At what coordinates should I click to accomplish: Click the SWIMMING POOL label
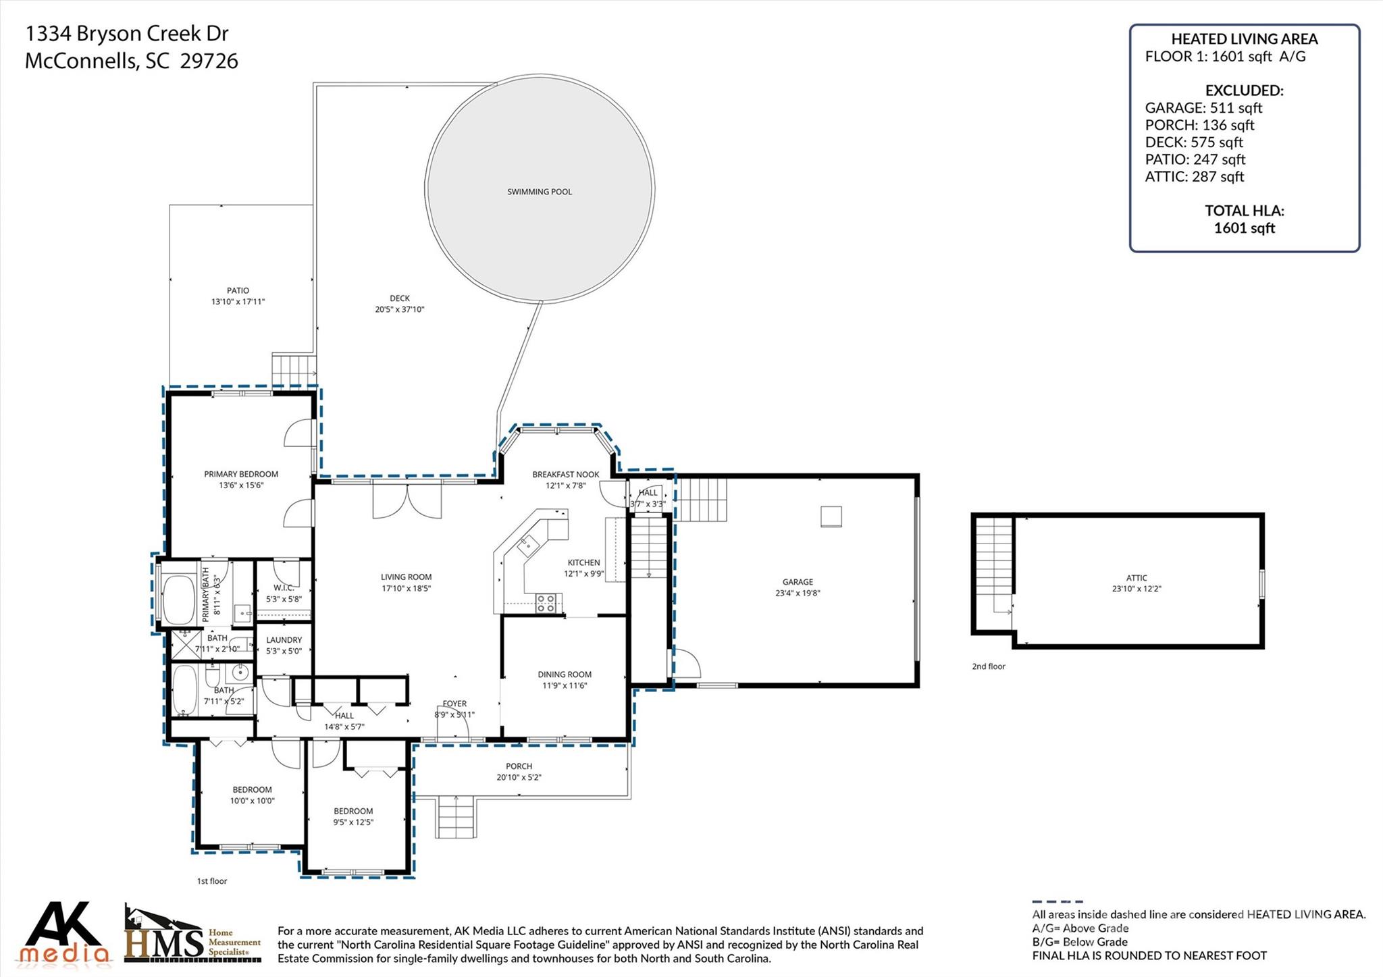tap(539, 192)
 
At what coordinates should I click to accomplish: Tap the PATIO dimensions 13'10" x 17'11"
tap(238, 302)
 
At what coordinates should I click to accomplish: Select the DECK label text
tap(399, 298)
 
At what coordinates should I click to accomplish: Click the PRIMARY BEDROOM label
tap(241, 474)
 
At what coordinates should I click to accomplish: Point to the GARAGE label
tap(798, 581)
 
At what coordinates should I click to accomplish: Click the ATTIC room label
tap(1137, 577)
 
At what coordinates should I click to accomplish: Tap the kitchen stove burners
tap(548, 602)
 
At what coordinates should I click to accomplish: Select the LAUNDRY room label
tap(284, 639)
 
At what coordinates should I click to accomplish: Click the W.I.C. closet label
tap(284, 587)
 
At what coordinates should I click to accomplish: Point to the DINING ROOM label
tap(565, 674)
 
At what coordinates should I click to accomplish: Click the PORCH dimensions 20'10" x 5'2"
tap(519, 777)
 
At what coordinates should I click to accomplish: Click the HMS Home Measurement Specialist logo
tap(192, 935)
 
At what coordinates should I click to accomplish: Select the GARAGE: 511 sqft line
tap(1203, 107)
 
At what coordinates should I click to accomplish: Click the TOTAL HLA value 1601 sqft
tap(1244, 228)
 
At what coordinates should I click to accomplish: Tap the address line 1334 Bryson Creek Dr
tap(127, 33)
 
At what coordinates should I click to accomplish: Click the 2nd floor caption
tap(989, 666)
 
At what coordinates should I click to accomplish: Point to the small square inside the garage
tap(831, 516)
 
